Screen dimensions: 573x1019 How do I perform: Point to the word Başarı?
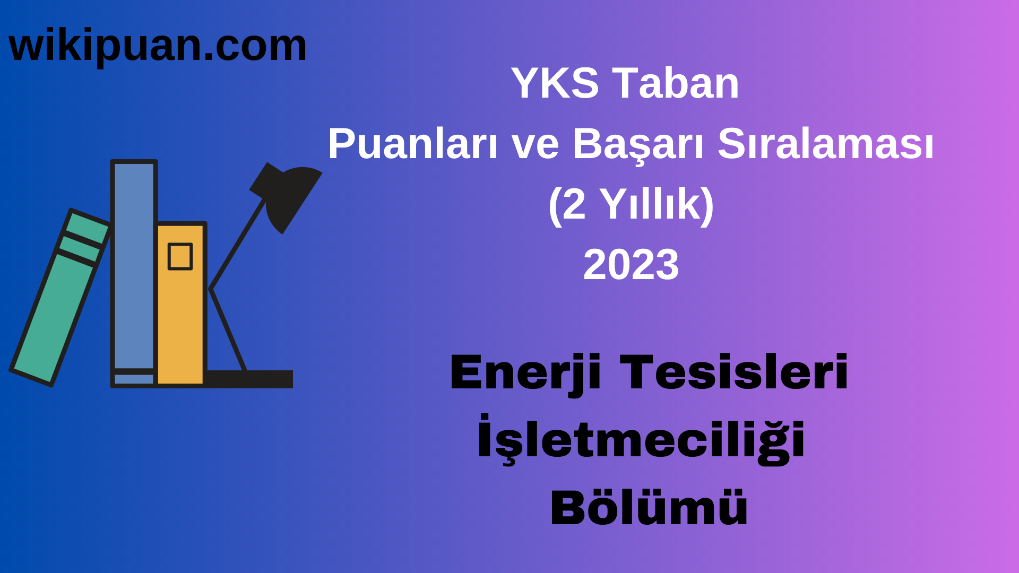pos(638,144)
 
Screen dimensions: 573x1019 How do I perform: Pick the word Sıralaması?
pos(825,144)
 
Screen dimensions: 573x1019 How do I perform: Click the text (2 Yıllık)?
pos(631,205)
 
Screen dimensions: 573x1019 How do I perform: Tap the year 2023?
pos(631,265)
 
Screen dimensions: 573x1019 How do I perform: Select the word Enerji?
pos(525,373)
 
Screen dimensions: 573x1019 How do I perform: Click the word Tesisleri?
pos(734,373)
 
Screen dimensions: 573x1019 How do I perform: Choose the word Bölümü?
pos(649,508)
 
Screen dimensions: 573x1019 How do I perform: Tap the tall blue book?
pos(134,265)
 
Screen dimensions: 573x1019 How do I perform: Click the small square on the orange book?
pos(180,257)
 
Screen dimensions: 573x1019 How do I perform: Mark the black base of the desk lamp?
pos(249,379)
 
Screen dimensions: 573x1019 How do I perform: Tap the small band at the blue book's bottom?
pos(134,379)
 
